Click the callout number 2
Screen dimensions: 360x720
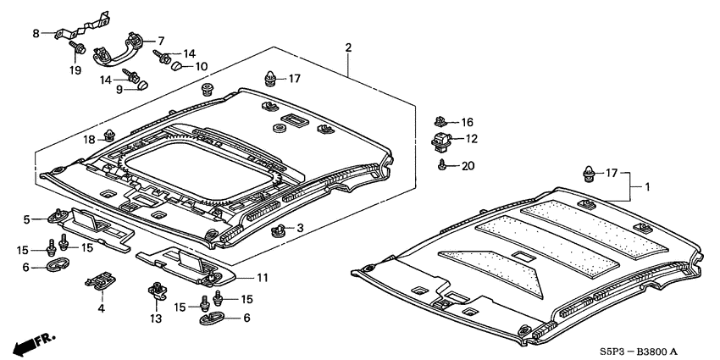347,47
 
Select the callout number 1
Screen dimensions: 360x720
648,186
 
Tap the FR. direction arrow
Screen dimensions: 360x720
33,343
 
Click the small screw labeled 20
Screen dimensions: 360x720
443,166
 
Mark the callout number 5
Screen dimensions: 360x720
27,219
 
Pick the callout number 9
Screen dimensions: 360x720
120,89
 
